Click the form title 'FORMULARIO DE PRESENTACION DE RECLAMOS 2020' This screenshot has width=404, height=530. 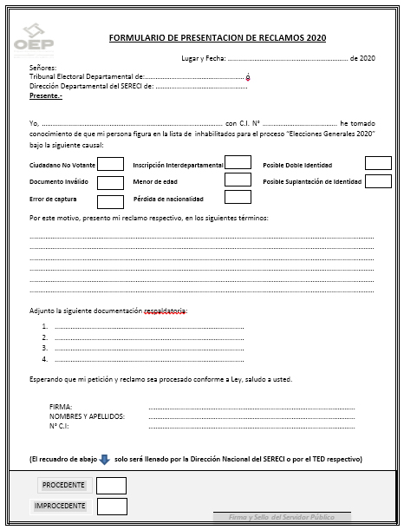[218, 38]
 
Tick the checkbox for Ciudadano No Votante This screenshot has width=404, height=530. [110, 164]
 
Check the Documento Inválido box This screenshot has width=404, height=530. [110, 182]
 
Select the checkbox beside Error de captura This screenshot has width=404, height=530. [110, 201]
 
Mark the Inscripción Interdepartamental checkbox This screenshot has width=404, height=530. [238, 162]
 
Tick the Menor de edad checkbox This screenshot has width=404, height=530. [238, 180]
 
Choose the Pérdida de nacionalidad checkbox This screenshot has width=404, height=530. [238, 197]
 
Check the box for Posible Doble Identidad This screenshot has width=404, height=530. [378, 163]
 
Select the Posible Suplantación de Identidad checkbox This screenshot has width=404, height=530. [378, 181]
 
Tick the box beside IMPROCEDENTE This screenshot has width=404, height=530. [112, 506]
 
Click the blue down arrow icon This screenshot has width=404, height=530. [103, 459]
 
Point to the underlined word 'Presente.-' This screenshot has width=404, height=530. [46, 95]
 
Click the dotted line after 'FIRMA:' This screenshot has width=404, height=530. [251, 407]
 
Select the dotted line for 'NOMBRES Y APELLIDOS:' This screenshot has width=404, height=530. [251, 416]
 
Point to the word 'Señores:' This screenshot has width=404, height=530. [42, 67]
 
